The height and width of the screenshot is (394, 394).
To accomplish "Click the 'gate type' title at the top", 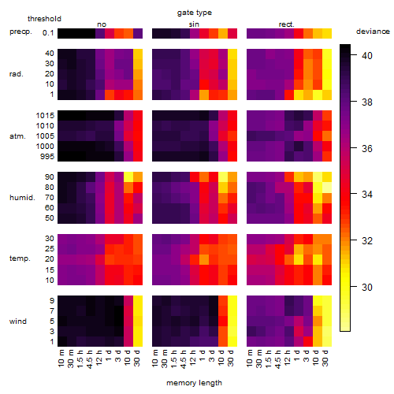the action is [x=195, y=13].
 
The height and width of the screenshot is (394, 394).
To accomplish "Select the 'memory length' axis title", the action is [x=194, y=383].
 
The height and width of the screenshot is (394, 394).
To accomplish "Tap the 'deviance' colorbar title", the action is [x=373, y=32].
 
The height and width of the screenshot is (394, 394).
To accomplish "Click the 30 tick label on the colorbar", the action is [x=366, y=287].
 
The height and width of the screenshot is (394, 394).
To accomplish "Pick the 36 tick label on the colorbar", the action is [x=366, y=149].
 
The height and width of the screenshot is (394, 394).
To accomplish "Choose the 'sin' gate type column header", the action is [x=194, y=24].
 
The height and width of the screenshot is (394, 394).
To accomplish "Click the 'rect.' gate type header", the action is [x=286, y=24].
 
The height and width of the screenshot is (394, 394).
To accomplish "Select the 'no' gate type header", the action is [x=102, y=24].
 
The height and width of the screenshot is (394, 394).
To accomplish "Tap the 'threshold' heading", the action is [x=44, y=19].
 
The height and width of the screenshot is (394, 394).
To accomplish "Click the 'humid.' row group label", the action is [x=22, y=198].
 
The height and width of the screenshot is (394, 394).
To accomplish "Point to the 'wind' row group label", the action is [x=18, y=322].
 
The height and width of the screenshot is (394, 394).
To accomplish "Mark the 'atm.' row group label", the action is [x=17, y=136].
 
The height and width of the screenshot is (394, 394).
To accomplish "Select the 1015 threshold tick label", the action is [x=45, y=116].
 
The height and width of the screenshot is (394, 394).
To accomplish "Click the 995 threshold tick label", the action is [x=47, y=157].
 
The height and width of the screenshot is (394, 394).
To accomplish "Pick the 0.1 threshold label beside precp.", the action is [x=48, y=33].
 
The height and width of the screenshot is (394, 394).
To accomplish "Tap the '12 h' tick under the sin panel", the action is [x=193, y=358].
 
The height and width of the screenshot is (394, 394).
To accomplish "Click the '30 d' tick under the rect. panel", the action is [x=325, y=358].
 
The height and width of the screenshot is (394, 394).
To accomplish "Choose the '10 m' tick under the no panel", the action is [x=61, y=359].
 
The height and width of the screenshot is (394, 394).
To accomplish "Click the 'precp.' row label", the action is [x=20, y=32].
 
